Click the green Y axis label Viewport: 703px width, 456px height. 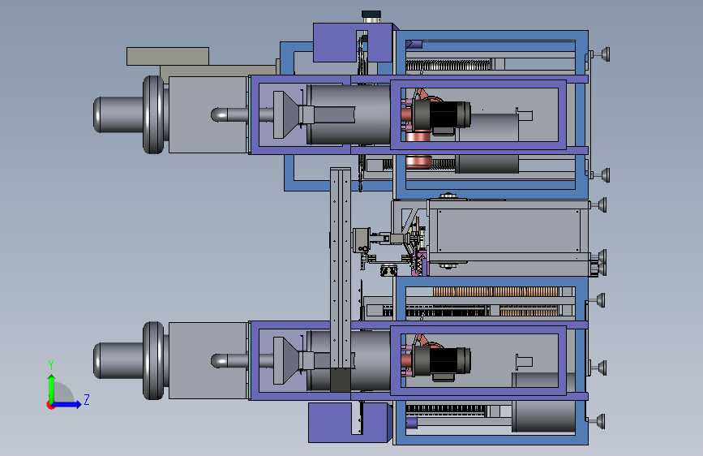51,364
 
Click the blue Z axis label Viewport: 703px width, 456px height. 87,399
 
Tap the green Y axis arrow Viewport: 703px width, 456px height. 52,388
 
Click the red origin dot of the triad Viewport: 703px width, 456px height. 50,405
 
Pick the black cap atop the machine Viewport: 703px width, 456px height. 371,14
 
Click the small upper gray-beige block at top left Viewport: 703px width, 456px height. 168,56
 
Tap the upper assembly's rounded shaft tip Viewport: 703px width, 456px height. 216,114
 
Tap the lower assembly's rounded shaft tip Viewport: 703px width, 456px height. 216,361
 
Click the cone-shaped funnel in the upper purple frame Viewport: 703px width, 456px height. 285,115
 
